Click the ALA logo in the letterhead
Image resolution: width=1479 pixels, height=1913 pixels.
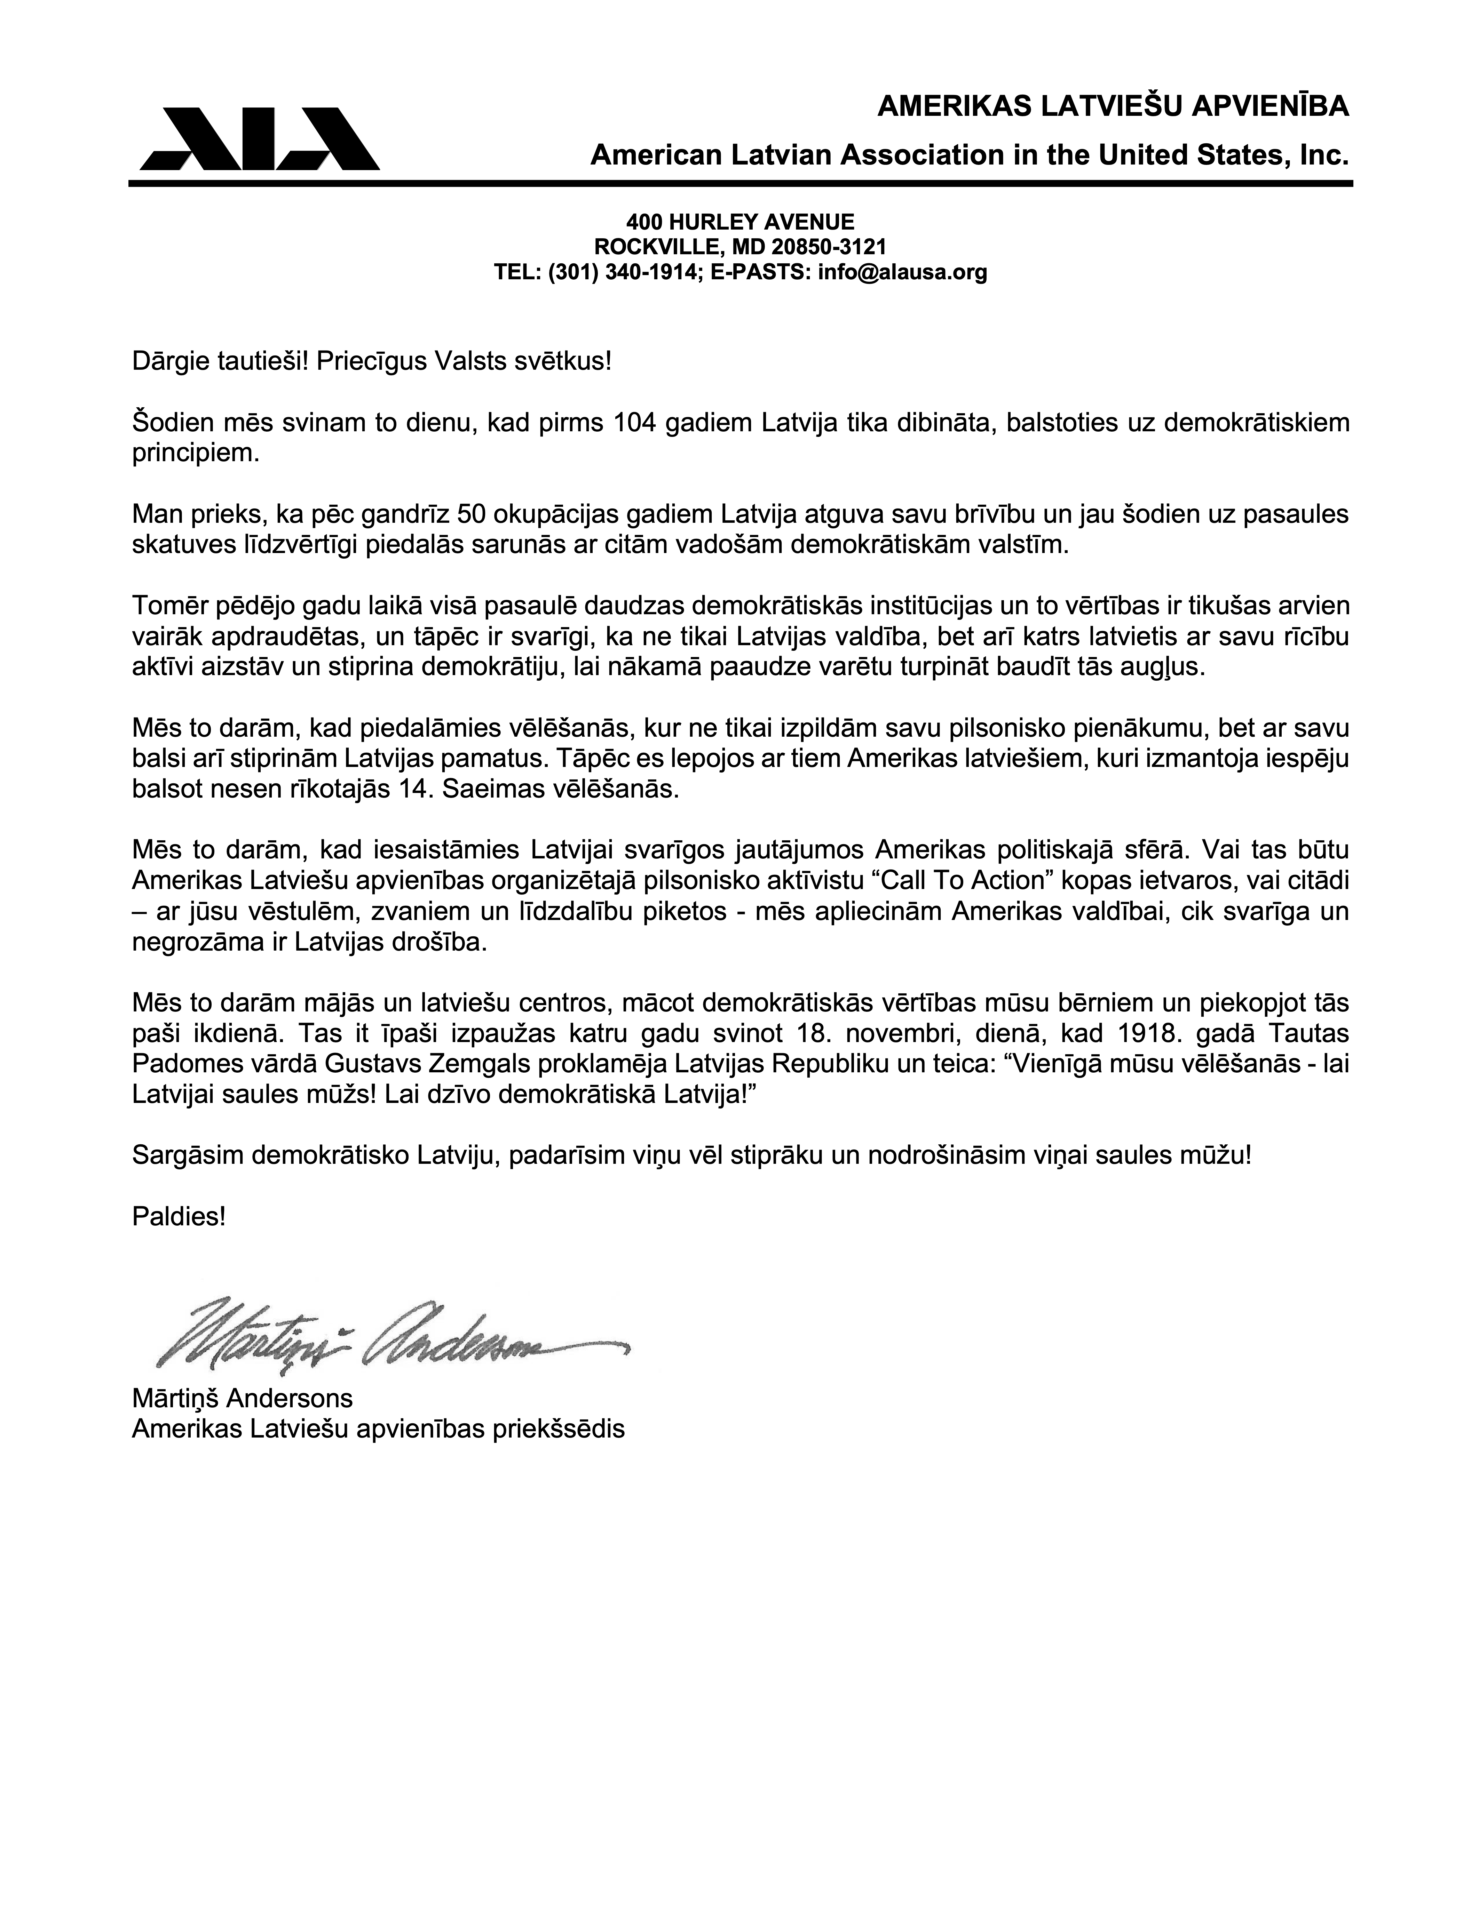259,138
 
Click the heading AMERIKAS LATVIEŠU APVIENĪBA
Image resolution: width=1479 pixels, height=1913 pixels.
1113,107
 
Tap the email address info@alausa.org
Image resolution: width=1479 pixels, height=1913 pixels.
902,272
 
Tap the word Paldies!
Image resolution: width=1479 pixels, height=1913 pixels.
179,1217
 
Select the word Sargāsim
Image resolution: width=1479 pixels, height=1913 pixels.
188,1155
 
